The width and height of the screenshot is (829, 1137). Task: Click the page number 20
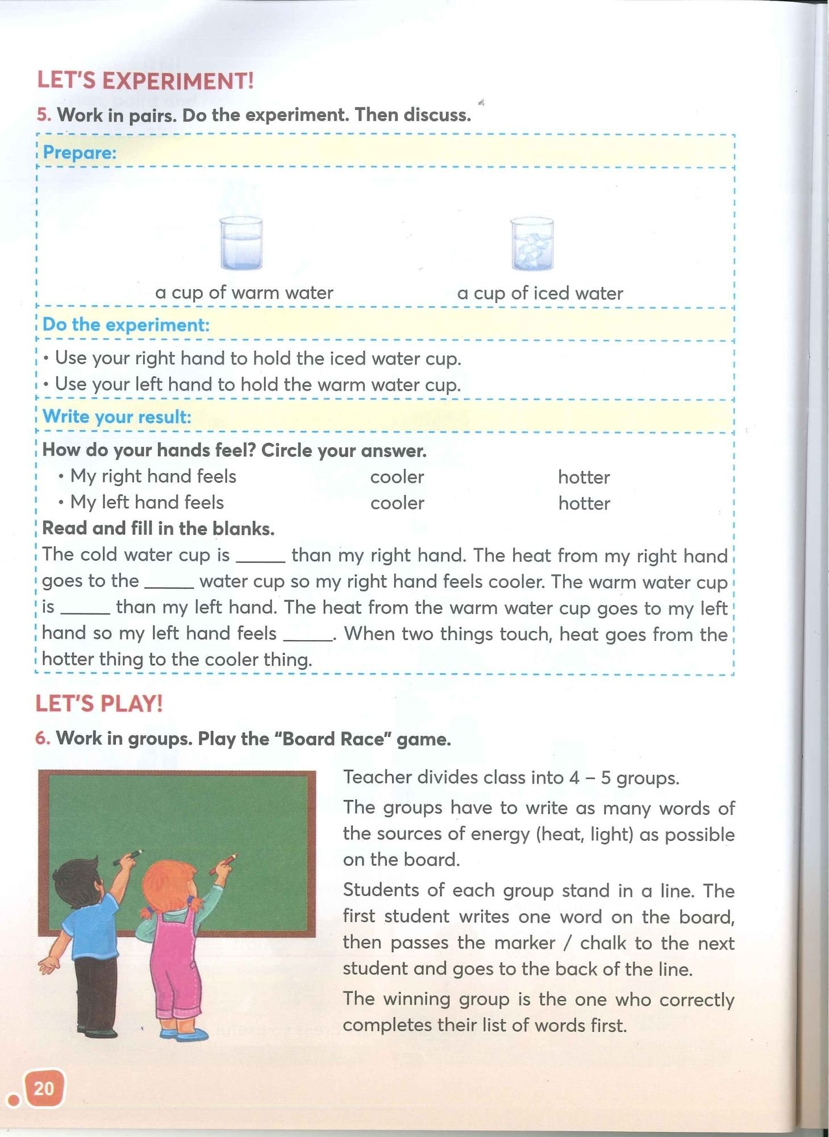click(44, 1088)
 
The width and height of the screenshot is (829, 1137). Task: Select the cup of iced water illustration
click(531, 244)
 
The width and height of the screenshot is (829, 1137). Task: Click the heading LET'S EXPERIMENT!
click(145, 81)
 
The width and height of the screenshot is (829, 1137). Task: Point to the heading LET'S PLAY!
click(99, 704)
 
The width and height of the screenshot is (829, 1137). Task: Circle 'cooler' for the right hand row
click(397, 477)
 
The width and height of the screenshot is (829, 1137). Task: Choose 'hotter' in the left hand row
click(584, 503)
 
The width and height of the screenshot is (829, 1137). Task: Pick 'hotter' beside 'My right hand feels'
click(584, 477)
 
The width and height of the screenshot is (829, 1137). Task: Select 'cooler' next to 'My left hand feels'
click(397, 503)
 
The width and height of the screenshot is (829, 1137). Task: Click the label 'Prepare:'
click(80, 152)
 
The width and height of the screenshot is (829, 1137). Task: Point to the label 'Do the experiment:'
click(126, 325)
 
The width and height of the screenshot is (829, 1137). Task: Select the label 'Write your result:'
click(116, 417)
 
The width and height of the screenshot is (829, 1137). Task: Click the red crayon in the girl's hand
click(223, 863)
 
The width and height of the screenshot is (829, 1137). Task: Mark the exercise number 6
click(43, 738)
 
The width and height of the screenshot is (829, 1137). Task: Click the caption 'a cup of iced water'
click(540, 293)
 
